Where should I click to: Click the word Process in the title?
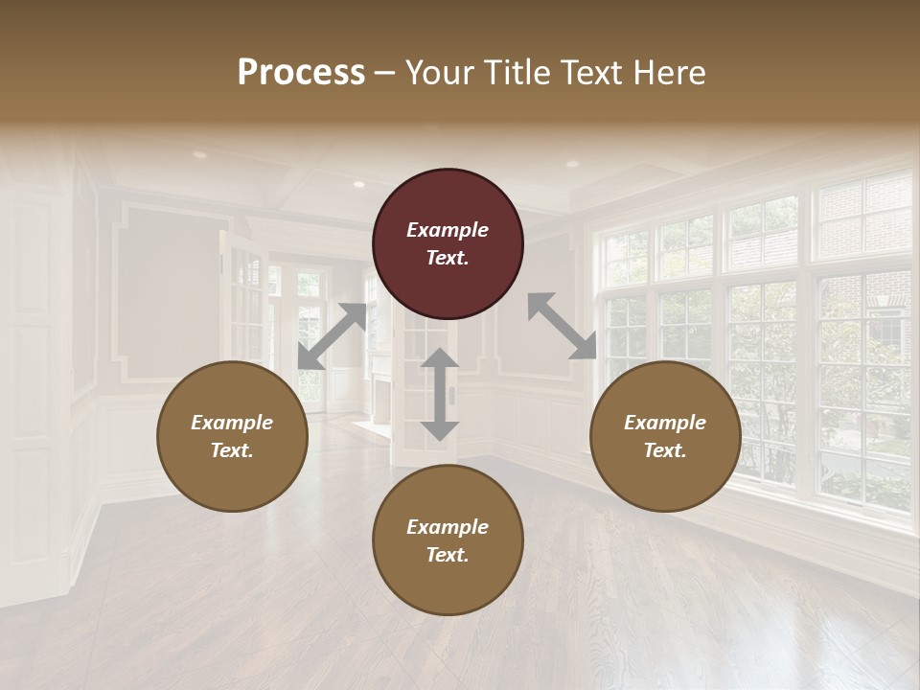coord(301,73)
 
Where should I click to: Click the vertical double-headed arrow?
coord(439,394)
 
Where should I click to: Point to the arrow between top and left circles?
coord(332,335)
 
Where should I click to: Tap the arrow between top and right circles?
coord(563,326)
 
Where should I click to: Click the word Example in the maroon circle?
coord(448,230)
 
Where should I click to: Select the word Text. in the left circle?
coord(232,450)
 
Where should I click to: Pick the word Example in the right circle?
coord(665,423)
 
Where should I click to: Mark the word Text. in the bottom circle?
coord(448,555)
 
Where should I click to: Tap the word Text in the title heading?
coord(587,73)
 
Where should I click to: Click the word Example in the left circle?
coord(232,423)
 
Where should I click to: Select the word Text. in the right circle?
coord(665,450)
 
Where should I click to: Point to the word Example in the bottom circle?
coord(448,527)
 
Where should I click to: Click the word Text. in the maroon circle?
coord(448,258)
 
